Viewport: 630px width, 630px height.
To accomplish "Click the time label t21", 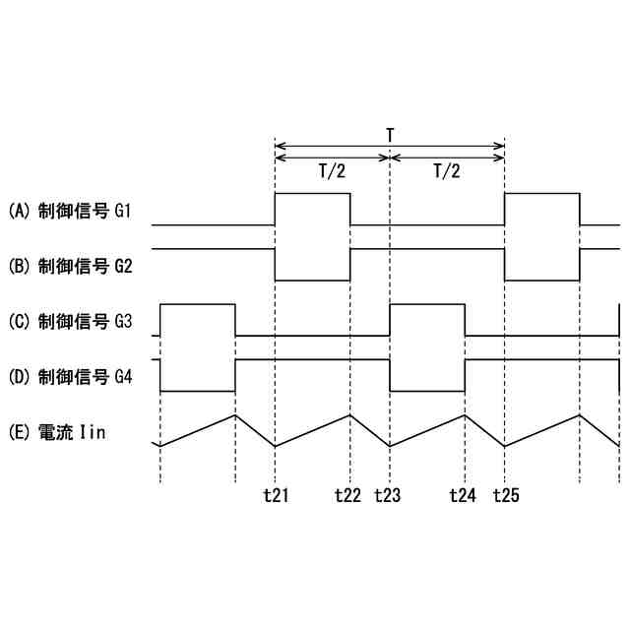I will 276,496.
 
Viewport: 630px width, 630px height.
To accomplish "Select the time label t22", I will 347,496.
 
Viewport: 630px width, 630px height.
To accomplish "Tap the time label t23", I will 388,496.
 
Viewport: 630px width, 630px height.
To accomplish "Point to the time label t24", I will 463,496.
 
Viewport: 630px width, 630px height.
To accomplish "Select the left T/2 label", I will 332,170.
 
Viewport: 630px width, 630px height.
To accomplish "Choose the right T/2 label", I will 447,170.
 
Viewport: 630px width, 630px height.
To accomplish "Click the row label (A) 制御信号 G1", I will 77,211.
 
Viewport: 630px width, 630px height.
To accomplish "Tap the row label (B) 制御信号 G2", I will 77,266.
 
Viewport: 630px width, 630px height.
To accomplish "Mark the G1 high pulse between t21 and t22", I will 313,210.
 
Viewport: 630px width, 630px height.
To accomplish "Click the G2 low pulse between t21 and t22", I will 313,266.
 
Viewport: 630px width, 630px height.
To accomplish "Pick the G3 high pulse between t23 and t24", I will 427,320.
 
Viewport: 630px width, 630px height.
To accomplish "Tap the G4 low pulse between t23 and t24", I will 427,376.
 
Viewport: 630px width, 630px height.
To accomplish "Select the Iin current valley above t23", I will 391,446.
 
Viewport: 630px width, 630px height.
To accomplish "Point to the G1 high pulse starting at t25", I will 541,210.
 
